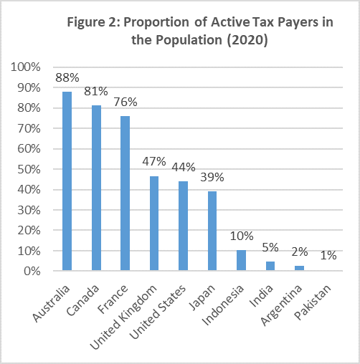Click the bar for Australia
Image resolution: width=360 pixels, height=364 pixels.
click(x=67, y=181)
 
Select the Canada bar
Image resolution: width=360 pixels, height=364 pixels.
click(x=96, y=188)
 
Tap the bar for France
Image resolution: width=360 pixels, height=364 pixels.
click(x=125, y=193)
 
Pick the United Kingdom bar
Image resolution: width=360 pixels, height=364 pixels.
click(x=154, y=224)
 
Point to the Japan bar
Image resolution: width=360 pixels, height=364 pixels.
click(x=212, y=231)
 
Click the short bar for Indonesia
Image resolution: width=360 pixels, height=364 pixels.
click(x=241, y=260)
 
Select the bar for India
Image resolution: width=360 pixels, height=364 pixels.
click(x=270, y=266)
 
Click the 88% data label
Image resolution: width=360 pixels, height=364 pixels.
click(x=67, y=77)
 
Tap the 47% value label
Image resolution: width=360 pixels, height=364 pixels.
click(x=154, y=161)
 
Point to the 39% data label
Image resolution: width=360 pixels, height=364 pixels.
click(x=212, y=177)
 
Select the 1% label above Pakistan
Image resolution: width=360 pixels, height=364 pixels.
click(x=328, y=256)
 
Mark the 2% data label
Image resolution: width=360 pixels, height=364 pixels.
click(x=300, y=252)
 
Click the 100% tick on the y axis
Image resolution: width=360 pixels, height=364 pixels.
click(x=26, y=67)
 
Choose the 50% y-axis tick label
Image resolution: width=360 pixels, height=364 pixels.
click(x=29, y=169)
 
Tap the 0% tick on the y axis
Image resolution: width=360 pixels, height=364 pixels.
click(x=32, y=271)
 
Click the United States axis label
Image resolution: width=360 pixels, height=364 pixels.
click(x=158, y=312)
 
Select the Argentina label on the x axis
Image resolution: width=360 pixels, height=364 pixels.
click(x=281, y=305)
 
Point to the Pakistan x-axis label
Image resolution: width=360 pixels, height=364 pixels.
click(x=313, y=302)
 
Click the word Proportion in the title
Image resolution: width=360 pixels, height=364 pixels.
click(x=156, y=23)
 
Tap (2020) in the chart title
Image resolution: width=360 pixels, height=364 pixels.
click(x=247, y=40)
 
